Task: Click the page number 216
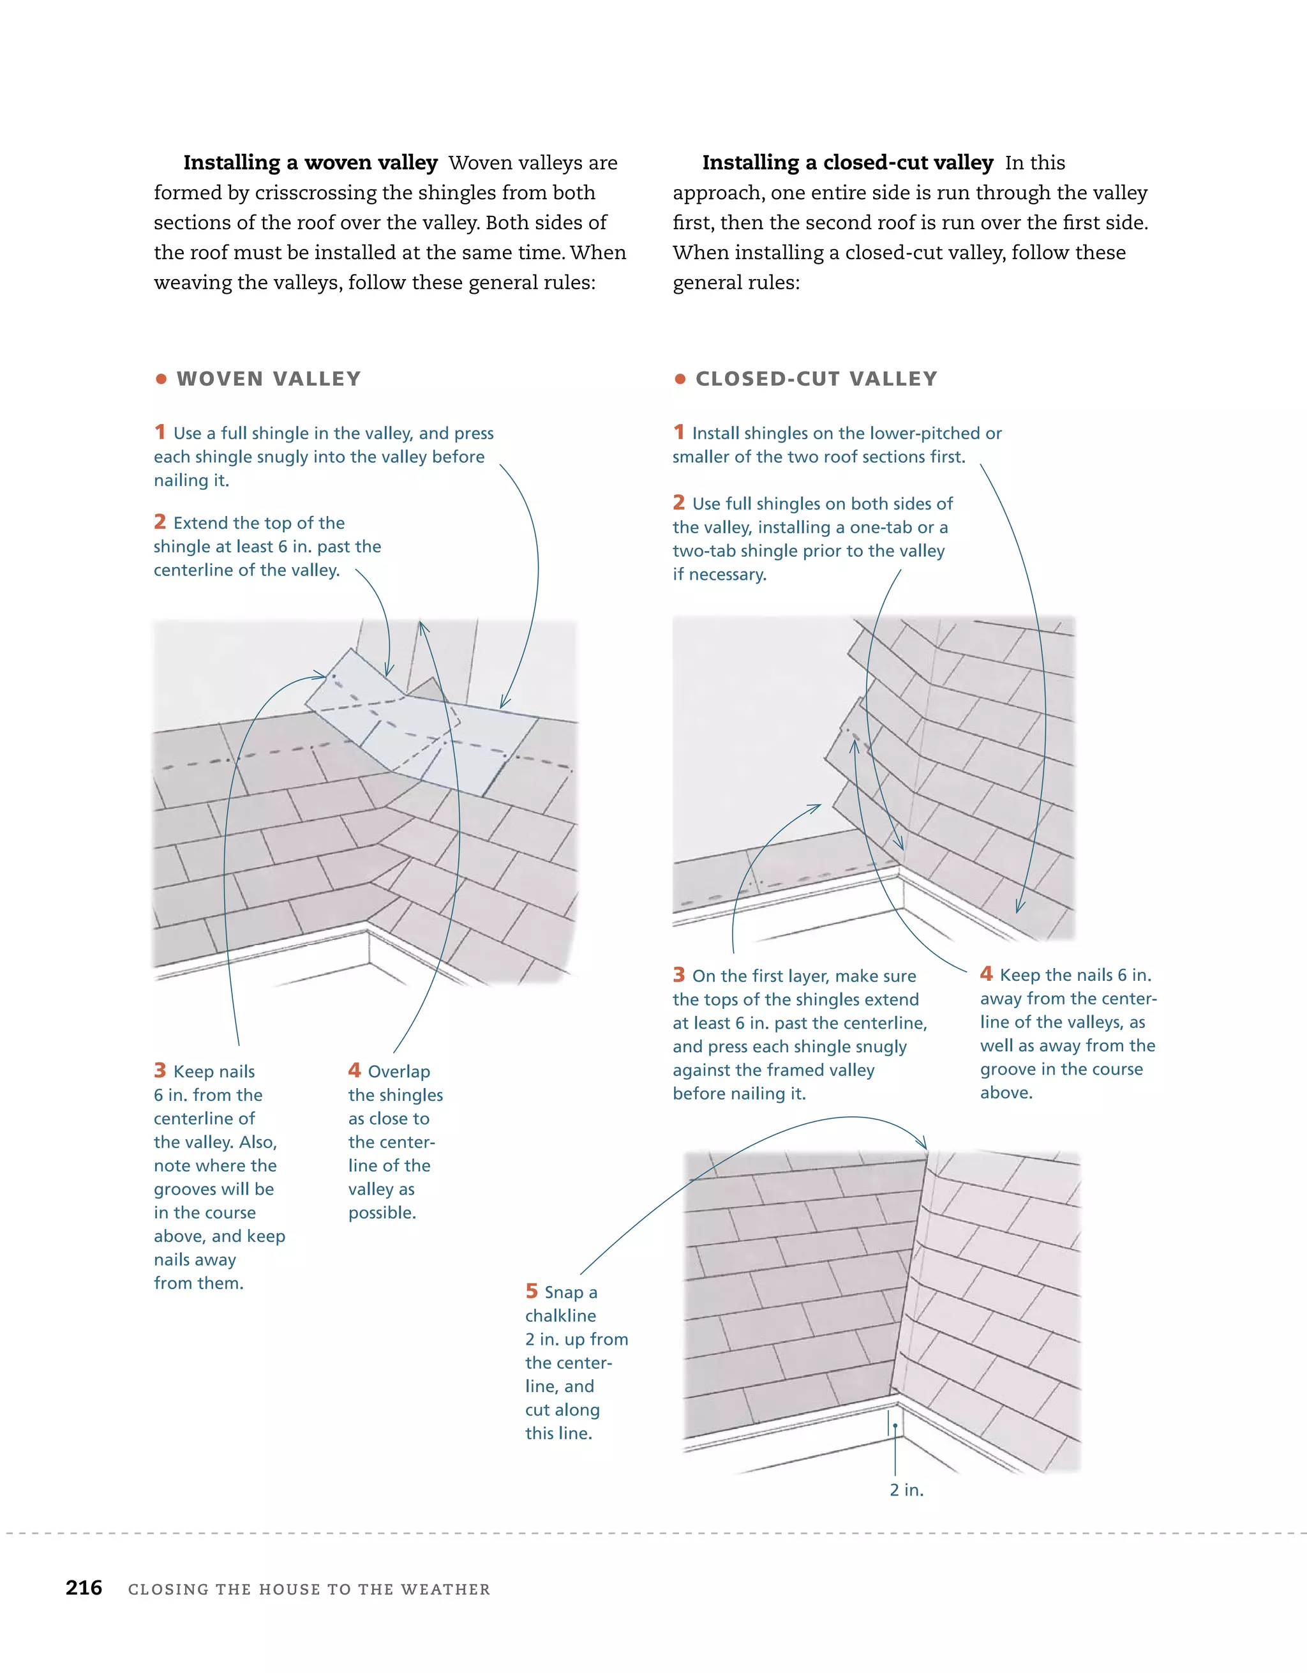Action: (x=84, y=1587)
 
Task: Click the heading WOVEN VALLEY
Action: (x=268, y=379)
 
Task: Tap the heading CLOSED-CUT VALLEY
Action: (x=816, y=379)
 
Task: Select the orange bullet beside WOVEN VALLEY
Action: (x=161, y=379)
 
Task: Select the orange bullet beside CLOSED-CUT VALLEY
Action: (x=680, y=379)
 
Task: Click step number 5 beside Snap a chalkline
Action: (x=532, y=1292)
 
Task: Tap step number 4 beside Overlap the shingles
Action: (x=354, y=1070)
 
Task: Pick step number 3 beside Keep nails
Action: (x=160, y=1070)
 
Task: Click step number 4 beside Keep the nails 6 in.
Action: (x=986, y=974)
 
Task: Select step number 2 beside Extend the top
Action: (x=160, y=522)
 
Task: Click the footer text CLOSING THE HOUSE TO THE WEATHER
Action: (x=310, y=1589)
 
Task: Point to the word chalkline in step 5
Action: (x=560, y=1316)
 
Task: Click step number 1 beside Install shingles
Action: (x=678, y=432)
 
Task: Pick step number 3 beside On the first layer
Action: (x=678, y=974)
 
